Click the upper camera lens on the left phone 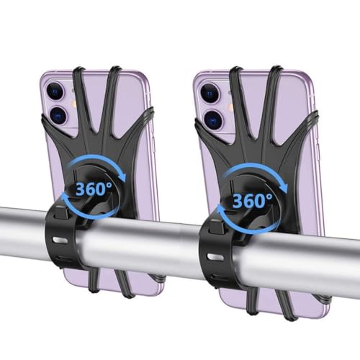[55, 91]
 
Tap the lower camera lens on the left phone [58, 115]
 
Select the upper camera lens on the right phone [210, 93]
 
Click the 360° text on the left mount [94, 189]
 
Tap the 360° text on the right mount [253, 200]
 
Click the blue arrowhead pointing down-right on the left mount [122, 176]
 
